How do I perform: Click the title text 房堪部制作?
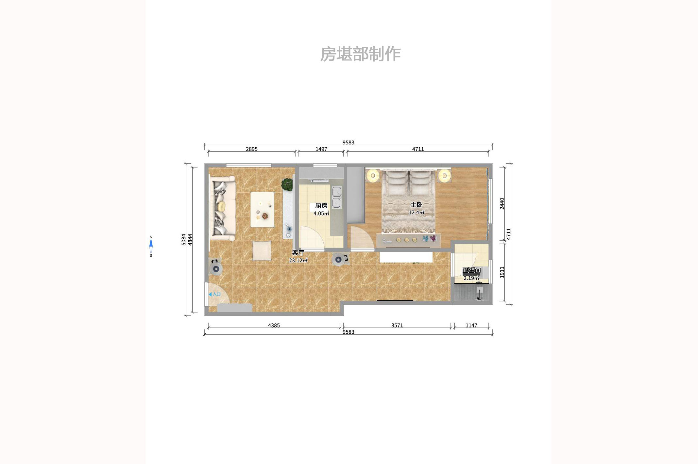point(360,54)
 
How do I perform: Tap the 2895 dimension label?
point(251,149)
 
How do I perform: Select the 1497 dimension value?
point(321,149)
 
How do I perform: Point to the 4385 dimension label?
point(274,326)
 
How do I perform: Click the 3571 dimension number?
point(397,326)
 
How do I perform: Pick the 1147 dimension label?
point(471,326)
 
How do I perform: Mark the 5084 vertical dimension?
point(184,239)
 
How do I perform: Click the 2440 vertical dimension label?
point(502,203)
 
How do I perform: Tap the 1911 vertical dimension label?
point(502,272)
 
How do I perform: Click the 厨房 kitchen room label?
point(321,206)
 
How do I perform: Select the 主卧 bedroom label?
point(416,205)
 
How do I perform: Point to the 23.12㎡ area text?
point(298,261)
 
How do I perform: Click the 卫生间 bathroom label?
point(471,270)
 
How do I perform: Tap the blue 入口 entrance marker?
point(215,294)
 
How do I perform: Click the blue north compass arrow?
point(151,243)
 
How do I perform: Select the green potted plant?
point(287,184)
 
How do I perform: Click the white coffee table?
point(262,209)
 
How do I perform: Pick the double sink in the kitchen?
point(336,197)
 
